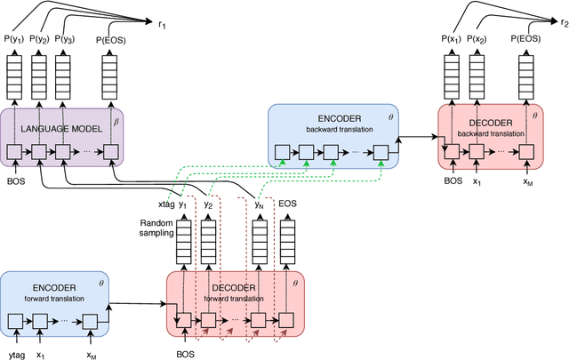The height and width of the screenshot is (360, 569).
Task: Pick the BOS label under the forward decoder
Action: (x=187, y=353)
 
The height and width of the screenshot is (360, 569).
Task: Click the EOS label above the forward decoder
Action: (x=288, y=204)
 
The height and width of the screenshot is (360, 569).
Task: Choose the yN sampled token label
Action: (x=259, y=204)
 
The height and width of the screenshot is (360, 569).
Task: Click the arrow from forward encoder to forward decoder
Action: (x=138, y=304)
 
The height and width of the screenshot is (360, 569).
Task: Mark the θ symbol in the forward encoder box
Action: (x=98, y=281)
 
